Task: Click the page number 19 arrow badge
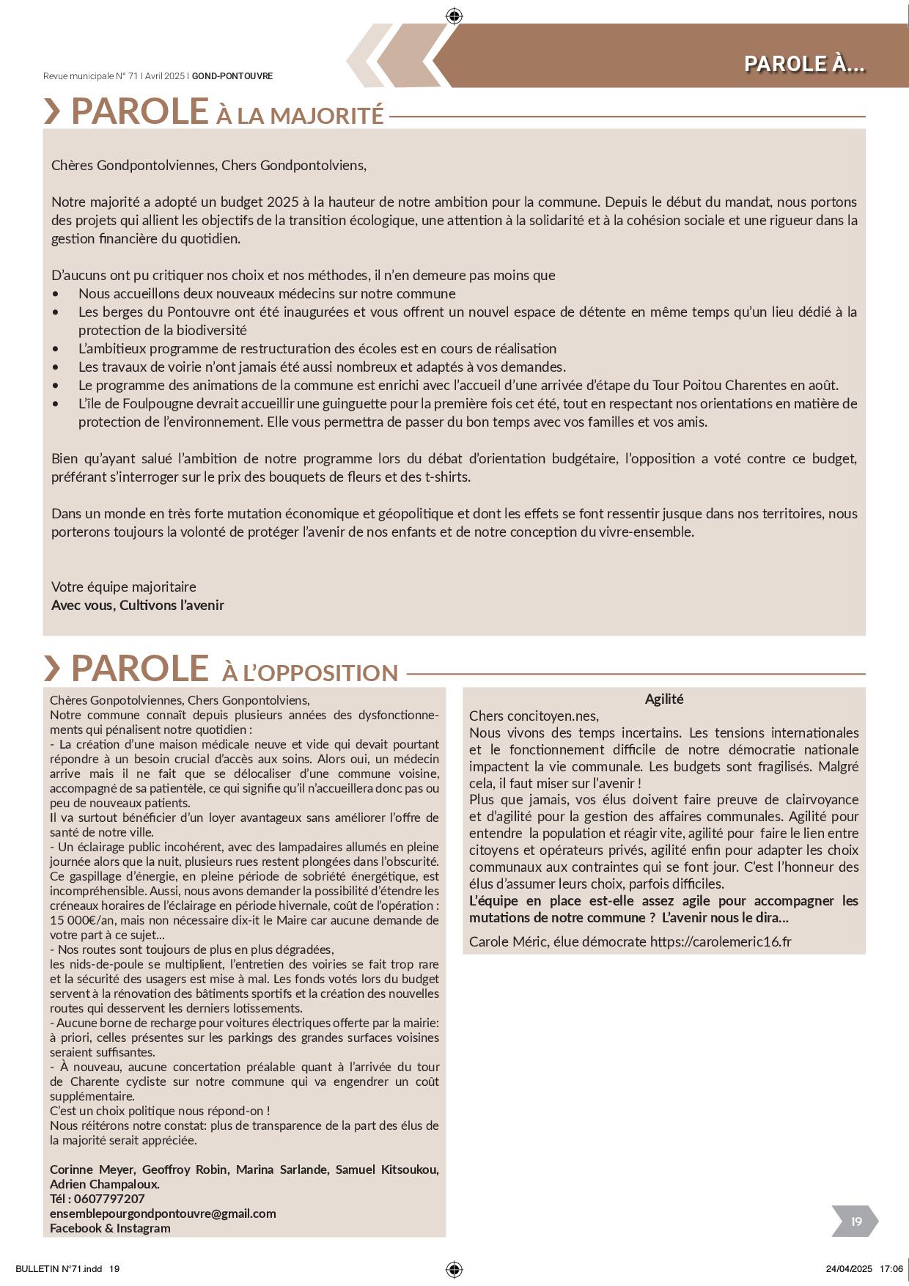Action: (x=855, y=1221)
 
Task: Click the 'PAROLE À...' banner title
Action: (x=804, y=64)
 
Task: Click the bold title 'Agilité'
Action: (x=664, y=699)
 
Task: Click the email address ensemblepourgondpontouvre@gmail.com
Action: (x=163, y=1213)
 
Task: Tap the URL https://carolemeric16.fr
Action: (x=721, y=941)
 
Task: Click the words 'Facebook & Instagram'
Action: (x=110, y=1228)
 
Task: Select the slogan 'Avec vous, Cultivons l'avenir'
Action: (x=138, y=605)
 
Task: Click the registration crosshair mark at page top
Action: (x=454, y=15)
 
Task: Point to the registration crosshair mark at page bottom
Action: (x=454, y=1269)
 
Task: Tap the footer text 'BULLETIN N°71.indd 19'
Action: (x=67, y=1269)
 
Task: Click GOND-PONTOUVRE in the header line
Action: (x=232, y=76)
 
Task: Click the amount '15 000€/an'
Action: (x=78, y=920)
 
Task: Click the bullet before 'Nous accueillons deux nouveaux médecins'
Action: (x=56, y=294)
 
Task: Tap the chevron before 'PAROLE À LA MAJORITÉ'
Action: (x=52, y=111)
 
